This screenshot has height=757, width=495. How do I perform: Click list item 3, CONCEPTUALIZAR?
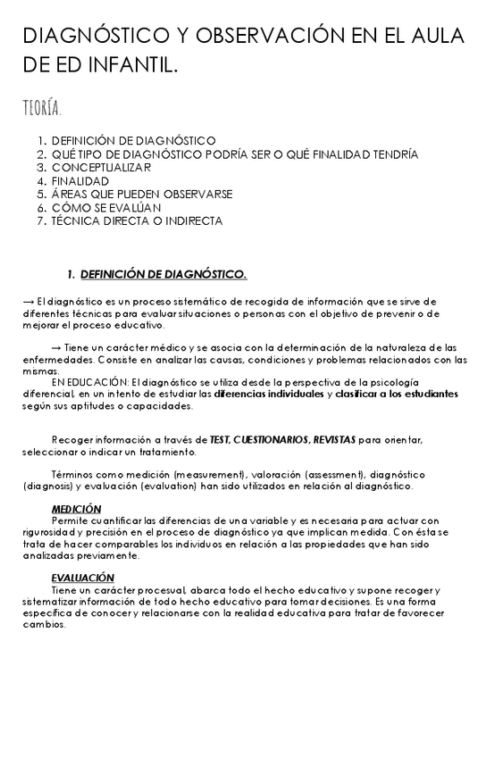pyautogui.click(x=101, y=167)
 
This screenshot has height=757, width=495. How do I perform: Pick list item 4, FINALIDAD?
pyautogui.click(x=80, y=180)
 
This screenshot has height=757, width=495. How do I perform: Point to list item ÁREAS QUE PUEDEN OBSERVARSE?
pyautogui.click(x=142, y=194)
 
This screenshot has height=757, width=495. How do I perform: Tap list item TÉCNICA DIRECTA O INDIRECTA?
pyautogui.click(x=137, y=220)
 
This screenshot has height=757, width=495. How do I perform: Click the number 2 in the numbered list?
pyautogui.click(x=41, y=154)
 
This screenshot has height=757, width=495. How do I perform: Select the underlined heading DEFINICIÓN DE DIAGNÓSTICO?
pyautogui.click(x=164, y=273)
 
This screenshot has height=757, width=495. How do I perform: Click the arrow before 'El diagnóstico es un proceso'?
pyautogui.click(x=28, y=301)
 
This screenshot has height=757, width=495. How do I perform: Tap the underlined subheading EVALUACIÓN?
pyautogui.click(x=82, y=578)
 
